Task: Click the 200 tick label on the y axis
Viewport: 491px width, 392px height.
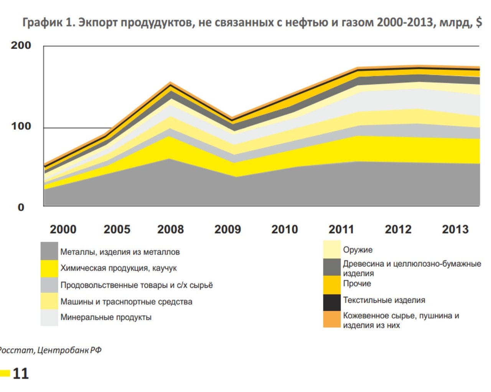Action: (21, 45)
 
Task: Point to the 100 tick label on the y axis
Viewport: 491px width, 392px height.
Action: (21, 126)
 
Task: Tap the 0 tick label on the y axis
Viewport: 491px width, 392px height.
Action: (21, 207)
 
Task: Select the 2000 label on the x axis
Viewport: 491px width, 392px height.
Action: (63, 229)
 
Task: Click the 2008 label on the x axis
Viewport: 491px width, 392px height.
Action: (170, 229)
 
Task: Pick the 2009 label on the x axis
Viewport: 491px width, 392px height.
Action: (227, 229)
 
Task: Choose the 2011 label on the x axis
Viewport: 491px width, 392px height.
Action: (341, 229)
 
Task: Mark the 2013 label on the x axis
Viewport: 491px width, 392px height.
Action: (455, 229)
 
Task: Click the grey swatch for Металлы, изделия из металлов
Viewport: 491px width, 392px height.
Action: (49, 251)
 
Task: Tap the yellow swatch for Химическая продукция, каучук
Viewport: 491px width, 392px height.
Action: (49, 268)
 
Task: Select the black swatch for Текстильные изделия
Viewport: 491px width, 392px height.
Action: (332, 302)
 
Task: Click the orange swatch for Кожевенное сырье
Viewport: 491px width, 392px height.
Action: (332, 319)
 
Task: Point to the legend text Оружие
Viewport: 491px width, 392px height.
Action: (358, 250)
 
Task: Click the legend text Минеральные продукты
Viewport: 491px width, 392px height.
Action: (106, 317)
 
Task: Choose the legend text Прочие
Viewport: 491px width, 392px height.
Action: (357, 284)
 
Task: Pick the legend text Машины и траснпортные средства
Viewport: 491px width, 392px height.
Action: (126, 302)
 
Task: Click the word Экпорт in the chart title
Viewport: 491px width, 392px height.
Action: (98, 23)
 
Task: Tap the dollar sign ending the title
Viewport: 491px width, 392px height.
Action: (479, 22)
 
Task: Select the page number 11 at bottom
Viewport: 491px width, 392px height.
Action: (21, 374)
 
